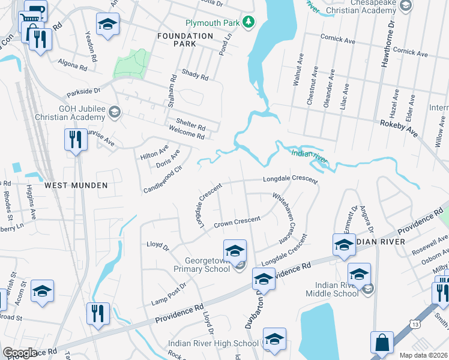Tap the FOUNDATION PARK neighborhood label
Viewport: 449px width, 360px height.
pyautogui.click(x=185, y=40)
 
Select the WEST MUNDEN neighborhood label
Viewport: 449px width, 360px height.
pyautogui.click(x=76, y=185)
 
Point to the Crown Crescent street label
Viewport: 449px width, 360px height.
pyautogui.click(x=238, y=221)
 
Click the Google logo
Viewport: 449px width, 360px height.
pyautogui.click(x=20, y=353)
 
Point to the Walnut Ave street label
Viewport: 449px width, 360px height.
pyautogui.click(x=297, y=69)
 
